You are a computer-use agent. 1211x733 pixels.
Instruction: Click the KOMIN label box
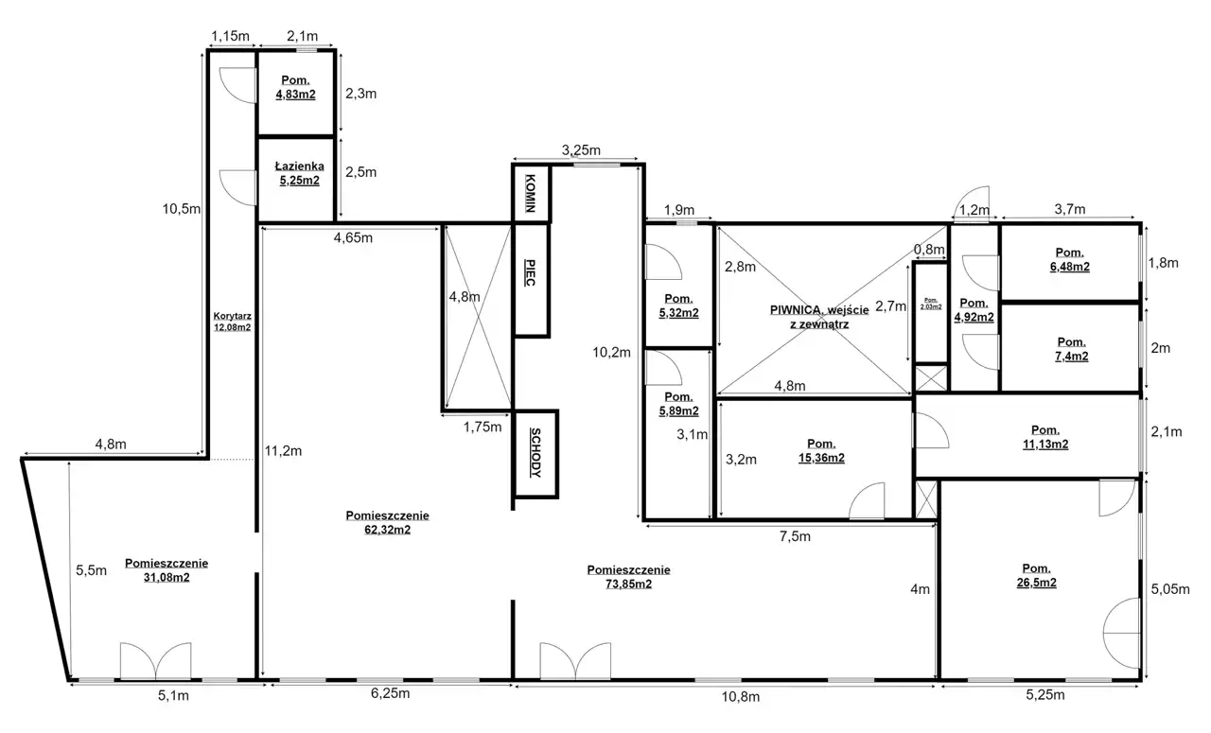(531, 194)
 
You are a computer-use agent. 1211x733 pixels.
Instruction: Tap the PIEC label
(531, 273)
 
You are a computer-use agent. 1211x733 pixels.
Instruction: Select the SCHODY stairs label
(535, 453)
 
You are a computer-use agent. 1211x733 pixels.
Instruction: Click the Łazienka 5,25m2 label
(300, 173)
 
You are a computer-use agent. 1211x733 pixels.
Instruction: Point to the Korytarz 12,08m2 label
(232, 322)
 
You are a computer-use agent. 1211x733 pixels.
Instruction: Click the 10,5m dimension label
(182, 209)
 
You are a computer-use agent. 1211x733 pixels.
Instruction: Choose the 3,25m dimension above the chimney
(581, 149)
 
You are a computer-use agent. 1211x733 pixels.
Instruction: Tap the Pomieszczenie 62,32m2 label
(388, 522)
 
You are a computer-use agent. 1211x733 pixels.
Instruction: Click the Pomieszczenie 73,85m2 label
(629, 577)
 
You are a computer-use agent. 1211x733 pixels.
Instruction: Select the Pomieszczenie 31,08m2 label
(167, 569)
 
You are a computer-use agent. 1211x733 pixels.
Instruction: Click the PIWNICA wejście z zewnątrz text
(819, 317)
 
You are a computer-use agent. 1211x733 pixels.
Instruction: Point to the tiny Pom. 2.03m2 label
(931, 304)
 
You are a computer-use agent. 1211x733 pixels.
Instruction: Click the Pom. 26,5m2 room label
(1036, 575)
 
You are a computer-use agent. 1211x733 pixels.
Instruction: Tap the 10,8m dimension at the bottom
(741, 697)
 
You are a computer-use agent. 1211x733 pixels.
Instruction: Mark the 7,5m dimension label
(795, 536)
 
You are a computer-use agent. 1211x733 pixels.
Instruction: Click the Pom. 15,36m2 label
(821, 451)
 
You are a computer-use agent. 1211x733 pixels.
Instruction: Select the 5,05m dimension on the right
(1170, 588)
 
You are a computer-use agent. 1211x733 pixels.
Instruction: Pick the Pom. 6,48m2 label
(1070, 259)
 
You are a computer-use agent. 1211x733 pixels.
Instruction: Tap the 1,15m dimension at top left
(230, 36)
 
